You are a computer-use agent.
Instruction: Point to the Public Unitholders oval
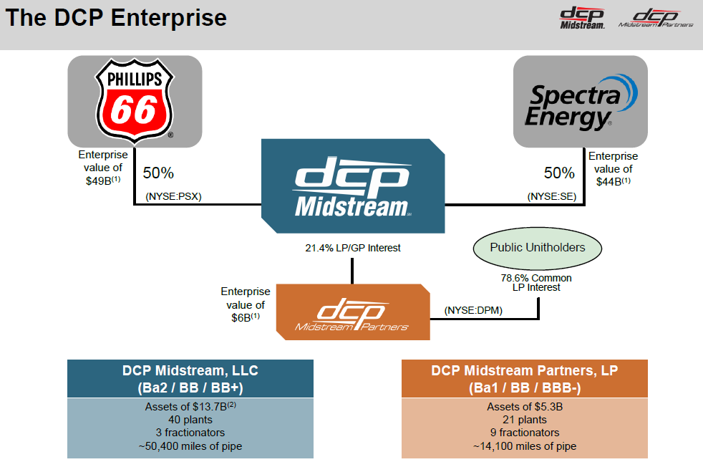(537, 248)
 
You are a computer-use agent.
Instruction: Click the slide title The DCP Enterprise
(116, 18)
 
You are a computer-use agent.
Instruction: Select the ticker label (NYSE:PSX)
(173, 196)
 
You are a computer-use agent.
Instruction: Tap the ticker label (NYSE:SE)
(552, 196)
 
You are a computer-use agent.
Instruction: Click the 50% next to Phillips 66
(158, 173)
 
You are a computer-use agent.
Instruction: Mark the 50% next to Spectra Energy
(559, 173)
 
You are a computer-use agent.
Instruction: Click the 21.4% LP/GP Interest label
(352, 248)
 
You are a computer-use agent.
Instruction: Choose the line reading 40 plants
(190, 420)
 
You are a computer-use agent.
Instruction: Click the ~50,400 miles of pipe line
(190, 446)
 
